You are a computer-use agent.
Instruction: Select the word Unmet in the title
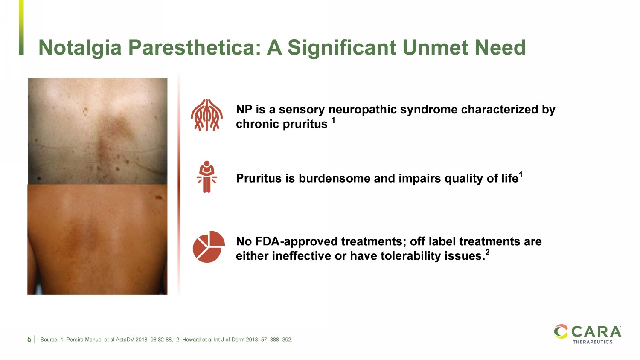[x=436, y=47]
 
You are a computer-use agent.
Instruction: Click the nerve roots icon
[x=207, y=115]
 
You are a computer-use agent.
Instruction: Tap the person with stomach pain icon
[x=207, y=177]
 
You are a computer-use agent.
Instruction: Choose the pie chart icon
[x=209, y=247]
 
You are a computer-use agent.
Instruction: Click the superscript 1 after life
[x=521, y=174]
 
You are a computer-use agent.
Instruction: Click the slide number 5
[x=29, y=340]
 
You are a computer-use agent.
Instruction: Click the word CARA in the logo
[x=596, y=332]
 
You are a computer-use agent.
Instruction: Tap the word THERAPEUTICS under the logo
[x=593, y=342]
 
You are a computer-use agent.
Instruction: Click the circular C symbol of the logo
[x=561, y=331]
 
